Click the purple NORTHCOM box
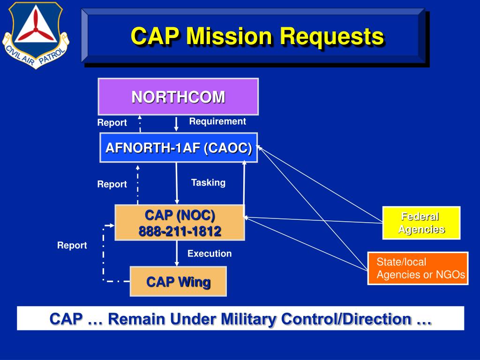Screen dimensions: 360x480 (178, 97)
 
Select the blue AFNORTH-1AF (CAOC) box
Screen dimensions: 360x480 (179, 148)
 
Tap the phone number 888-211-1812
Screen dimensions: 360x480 (180, 231)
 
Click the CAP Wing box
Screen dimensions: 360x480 (178, 282)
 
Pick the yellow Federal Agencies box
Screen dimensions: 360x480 (421, 223)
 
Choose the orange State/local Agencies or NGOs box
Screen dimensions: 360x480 (418, 268)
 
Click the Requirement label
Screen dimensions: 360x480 (217, 121)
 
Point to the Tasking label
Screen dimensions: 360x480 (208, 182)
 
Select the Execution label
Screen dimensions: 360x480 (210, 254)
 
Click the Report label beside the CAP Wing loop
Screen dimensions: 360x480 (72, 245)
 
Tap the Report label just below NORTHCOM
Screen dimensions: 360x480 (112, 123)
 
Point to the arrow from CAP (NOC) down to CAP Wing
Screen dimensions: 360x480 (177, 253)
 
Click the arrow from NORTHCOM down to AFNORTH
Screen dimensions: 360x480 (177, 124)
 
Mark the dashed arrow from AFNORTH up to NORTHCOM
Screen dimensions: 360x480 (140, 124)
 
